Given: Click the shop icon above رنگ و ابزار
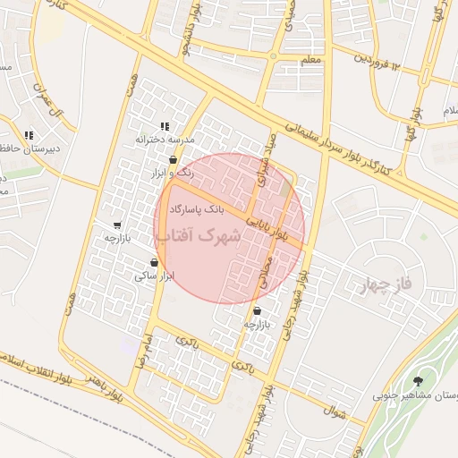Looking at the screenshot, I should coord(172,161).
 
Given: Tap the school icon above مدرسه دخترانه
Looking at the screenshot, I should coord(164,127).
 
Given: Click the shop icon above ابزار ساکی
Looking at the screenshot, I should coord(155,263).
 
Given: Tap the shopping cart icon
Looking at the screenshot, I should coord(117,225).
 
